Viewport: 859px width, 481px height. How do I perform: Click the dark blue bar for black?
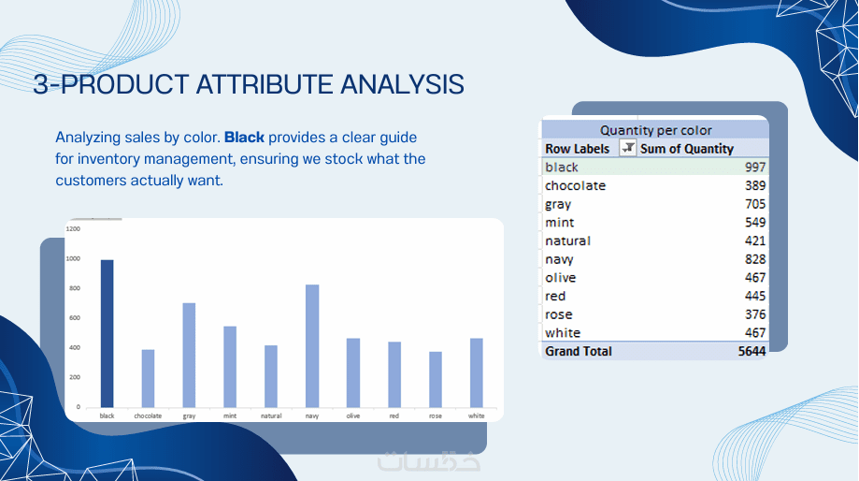click(x=107, y=333)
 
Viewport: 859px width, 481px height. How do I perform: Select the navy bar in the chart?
click(x=312, y=346)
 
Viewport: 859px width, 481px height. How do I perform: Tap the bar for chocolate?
click(x=148, y=378)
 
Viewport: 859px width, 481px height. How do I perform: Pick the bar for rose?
click(x=436, y=380)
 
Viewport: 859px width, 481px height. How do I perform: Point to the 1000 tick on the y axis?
click(x=73, y=259)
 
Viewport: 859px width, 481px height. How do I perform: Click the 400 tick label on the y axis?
click(x=75, y=348)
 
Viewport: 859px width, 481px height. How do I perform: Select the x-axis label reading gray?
click(x=189, y=416)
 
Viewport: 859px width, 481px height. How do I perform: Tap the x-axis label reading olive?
click(x=353, y=415)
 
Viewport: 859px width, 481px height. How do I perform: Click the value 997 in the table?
click(x=755, y=168)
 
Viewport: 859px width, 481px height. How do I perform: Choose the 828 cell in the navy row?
click(x=755, y=259)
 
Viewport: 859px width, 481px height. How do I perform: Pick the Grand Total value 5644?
click(x=752, y=352)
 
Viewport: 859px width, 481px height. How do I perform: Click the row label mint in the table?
click(x=559, y=223)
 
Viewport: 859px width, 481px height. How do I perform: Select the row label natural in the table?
click(x=567, y=240)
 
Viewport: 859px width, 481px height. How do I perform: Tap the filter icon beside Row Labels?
click(x=628, y=148)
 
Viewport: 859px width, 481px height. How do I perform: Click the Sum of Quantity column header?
click(x=687, y=149)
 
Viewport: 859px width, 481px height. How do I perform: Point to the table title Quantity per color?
click(x=656, y=130)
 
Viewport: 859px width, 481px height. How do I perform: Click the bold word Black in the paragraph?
click(x=244, y=138)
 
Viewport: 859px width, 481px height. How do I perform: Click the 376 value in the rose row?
click(x=755, y=314)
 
